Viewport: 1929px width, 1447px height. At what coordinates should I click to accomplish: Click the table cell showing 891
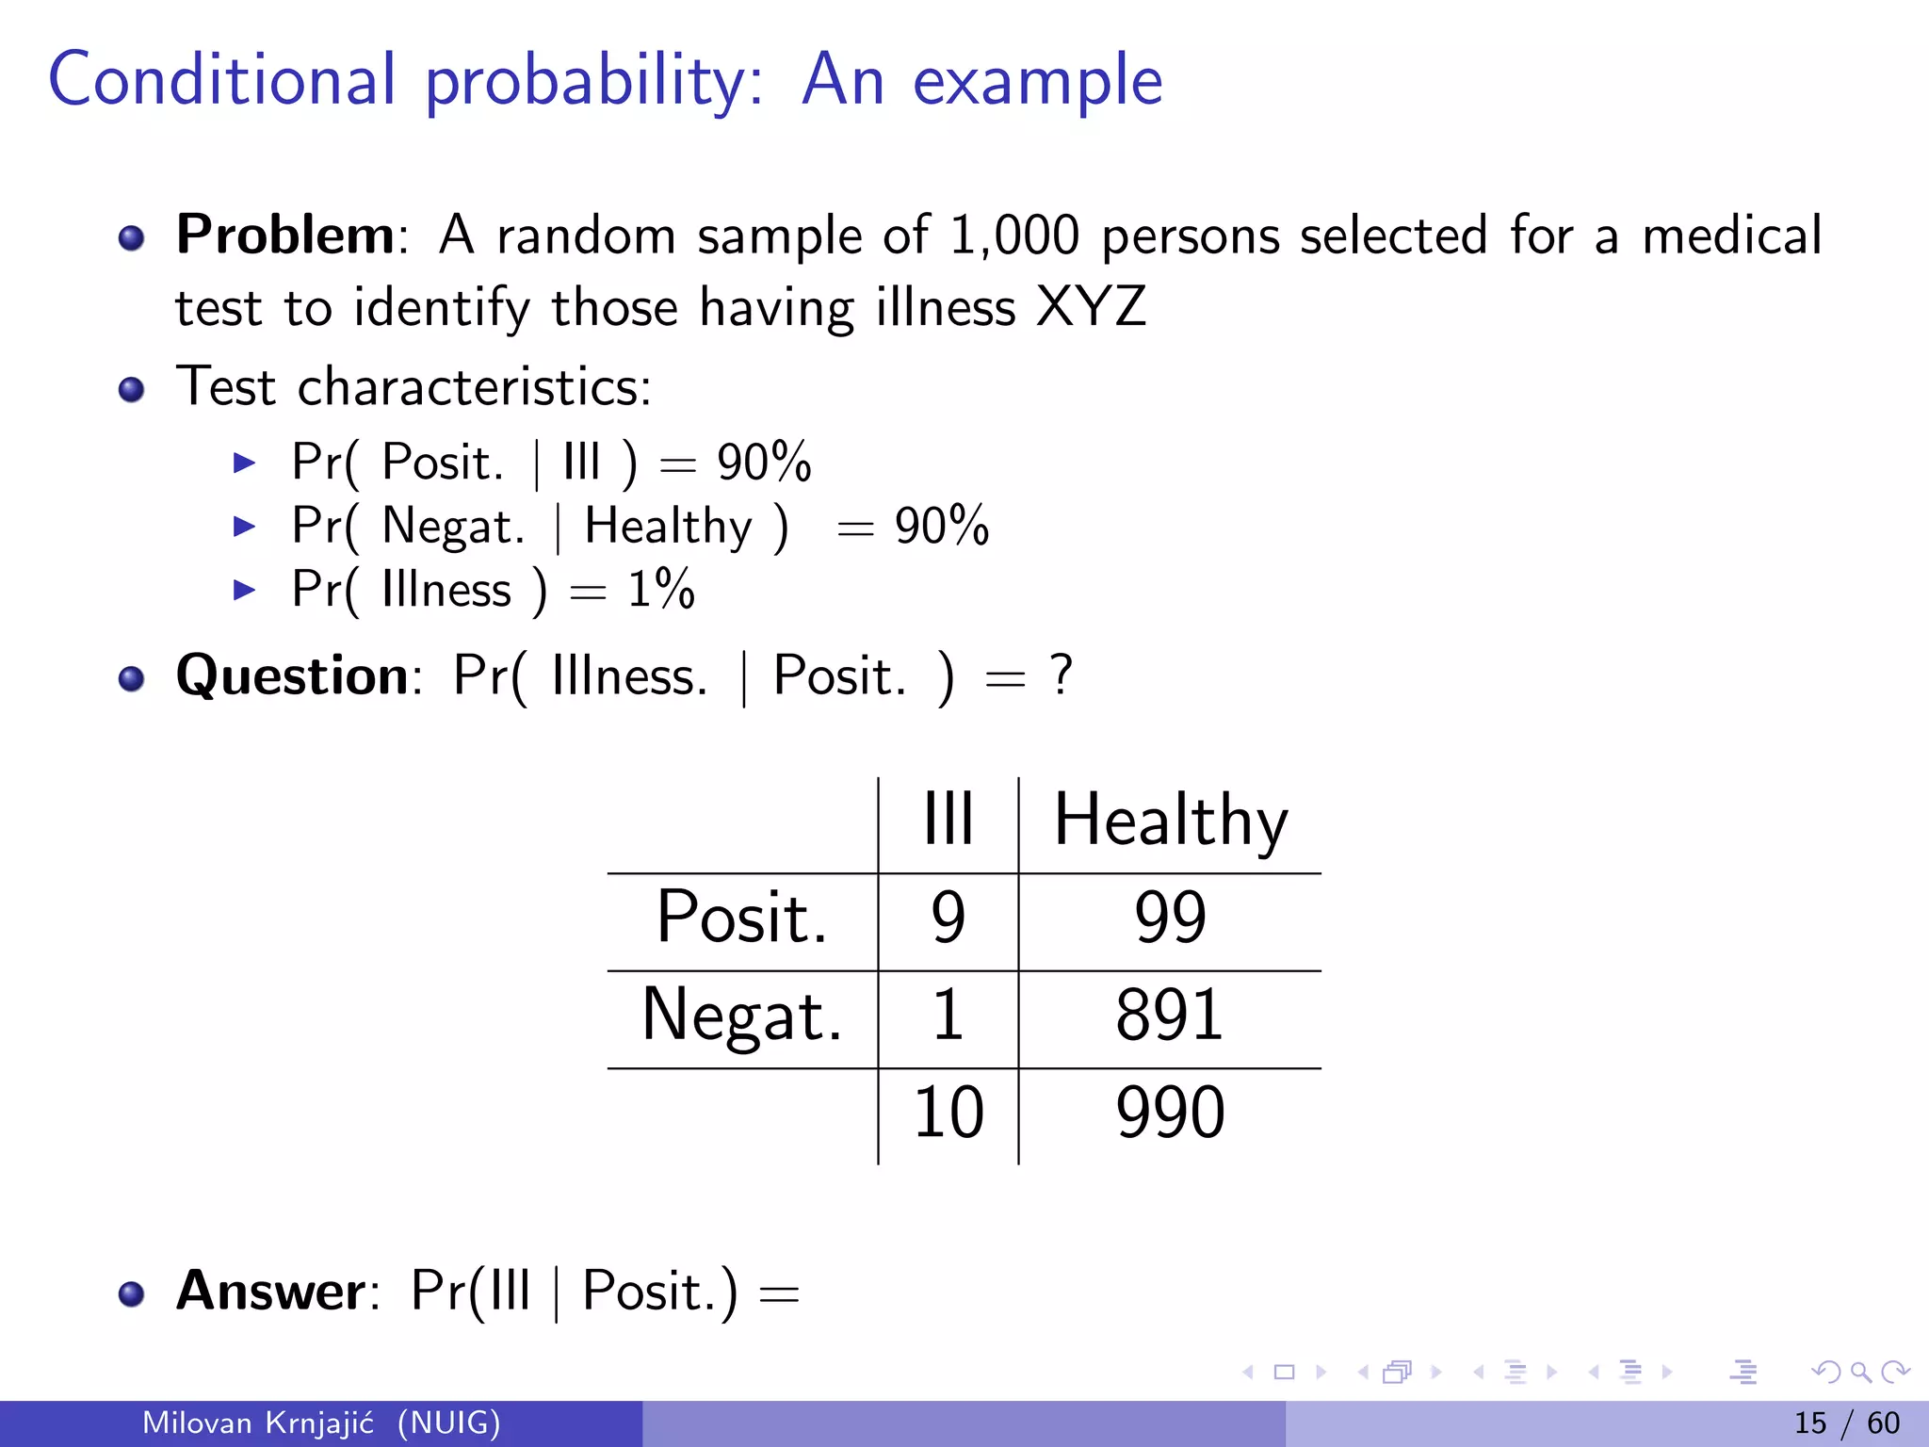point(1170,1016)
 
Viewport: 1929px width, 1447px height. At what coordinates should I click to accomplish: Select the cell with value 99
point(1170,918)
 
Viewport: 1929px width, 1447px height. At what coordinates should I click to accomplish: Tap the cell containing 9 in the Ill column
point(948,918)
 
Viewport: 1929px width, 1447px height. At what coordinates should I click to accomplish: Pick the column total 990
point(1170,1113)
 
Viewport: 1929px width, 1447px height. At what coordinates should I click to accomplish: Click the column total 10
point(948,1113)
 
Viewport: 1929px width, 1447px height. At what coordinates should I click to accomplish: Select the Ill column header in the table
point(948,820)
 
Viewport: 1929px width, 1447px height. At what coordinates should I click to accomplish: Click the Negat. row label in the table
point(742,1017)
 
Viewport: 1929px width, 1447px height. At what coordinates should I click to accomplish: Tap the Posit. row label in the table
point(742,918)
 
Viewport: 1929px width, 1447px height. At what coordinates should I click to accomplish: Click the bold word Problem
point(285,235)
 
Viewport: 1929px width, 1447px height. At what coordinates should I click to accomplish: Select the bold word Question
point(292,676)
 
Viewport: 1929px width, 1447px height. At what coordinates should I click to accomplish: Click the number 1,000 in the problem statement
point(1013,236)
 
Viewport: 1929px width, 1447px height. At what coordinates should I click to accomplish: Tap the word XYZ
point(1091,308)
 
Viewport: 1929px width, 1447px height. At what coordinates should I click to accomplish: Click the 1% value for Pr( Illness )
point(661,591)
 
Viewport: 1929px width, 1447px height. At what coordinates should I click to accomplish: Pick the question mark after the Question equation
point(1062,675)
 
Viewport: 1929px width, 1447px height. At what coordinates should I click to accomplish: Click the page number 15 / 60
point(1846,1423)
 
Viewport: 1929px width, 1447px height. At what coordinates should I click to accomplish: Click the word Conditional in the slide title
point(222,81)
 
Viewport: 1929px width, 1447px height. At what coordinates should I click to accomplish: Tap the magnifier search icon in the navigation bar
point(1860,1372)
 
